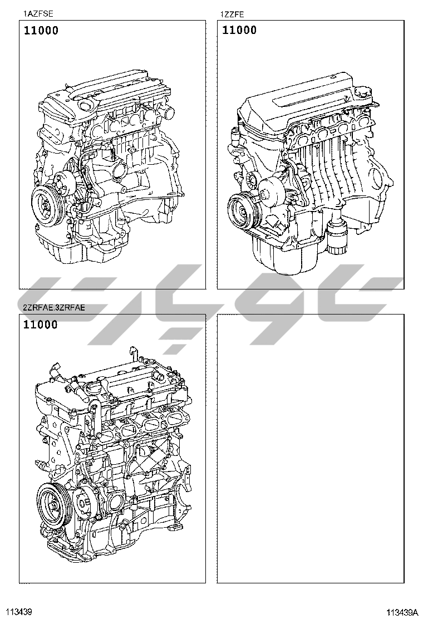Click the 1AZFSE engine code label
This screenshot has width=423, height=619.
pos(38,14)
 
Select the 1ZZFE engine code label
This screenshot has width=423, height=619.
pos(233,14)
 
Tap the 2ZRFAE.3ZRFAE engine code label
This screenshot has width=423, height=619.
pos(53,308)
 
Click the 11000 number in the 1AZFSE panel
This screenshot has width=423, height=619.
pos(41,31)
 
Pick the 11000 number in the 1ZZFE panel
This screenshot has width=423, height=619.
pos(239,30)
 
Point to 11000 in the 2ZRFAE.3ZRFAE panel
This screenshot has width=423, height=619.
pos(40,325)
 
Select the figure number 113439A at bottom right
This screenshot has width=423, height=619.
pos(402,612)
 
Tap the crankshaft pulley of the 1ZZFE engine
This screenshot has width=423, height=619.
pos(242,211)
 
